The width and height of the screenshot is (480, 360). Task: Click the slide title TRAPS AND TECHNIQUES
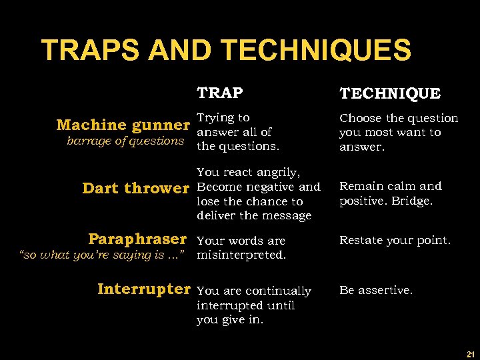226,50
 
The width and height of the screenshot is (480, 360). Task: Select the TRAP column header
219,92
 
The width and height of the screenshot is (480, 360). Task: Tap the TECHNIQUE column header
390,93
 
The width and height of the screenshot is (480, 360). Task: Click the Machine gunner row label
123,125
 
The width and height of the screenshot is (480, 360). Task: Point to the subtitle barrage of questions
125,141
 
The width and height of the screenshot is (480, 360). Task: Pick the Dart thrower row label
135,188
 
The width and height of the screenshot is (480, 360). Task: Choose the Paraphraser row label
137,239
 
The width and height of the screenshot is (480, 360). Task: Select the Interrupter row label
143,289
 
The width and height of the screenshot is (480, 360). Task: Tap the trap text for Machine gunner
237,132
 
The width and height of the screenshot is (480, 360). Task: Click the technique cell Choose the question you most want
398,132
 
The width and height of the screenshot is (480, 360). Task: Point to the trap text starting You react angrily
258,194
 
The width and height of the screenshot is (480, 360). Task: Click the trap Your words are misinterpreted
241,247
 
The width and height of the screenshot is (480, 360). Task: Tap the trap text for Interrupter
253,305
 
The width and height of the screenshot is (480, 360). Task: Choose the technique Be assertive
376,290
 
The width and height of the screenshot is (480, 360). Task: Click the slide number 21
471,353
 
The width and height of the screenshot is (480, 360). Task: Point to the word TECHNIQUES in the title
315,50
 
